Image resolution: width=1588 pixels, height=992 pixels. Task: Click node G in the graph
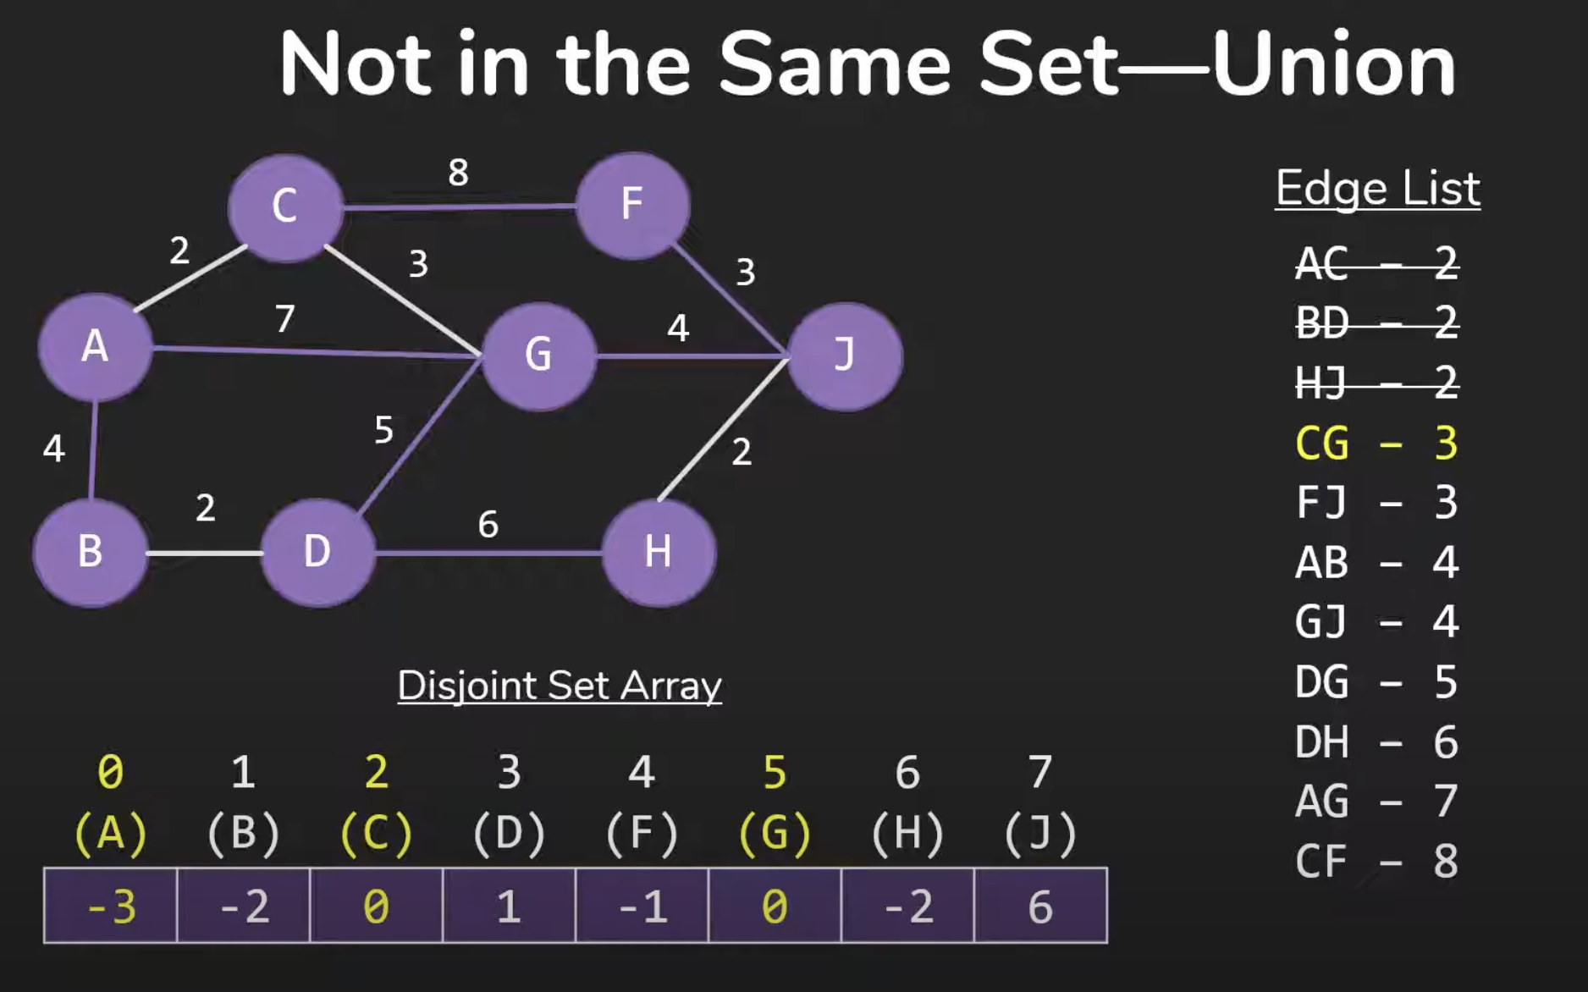(x=538, y=355)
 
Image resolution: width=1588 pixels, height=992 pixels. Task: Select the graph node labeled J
(x=845, y=356)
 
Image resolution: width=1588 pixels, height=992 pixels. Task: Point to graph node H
(x=659, y=553)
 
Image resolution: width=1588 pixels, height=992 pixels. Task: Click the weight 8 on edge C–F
(x=458, y=173)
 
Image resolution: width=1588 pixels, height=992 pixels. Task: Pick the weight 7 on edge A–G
(x=284, y=319)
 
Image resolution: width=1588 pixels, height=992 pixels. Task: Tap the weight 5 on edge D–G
(x=383, y=430)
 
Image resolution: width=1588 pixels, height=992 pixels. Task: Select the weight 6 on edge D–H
(x=488, y=525)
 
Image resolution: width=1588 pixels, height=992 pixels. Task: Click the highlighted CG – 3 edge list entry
(x=1376, y=444)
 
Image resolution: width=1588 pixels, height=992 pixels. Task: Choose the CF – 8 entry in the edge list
(x=1376, y=862)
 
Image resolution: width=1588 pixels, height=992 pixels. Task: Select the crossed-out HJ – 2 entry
(x=1376, y=383)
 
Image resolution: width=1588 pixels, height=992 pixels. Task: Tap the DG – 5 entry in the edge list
(x=1376, y=682)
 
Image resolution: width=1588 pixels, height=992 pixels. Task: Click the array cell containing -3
(x=110, y=906)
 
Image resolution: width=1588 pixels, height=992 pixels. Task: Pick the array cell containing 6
(x=1040, y=906)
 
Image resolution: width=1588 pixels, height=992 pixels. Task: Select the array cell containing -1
(x=642, y=906)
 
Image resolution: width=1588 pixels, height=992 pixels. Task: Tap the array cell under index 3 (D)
(x=509, y=906)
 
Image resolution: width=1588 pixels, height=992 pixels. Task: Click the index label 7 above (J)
(x=1039, y=772)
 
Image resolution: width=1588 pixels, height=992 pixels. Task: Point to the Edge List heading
(x=1377, y=188)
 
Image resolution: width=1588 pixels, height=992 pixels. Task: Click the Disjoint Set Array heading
(x=560, y=686)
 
